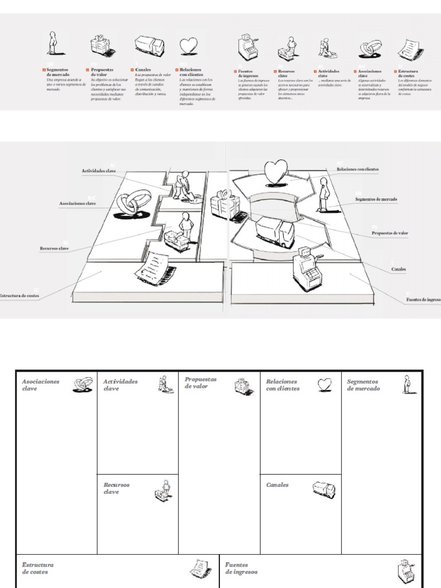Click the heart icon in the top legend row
[x=188, y=45]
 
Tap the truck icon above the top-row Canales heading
[x=149, y=46]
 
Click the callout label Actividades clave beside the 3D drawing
[x=99, y=171]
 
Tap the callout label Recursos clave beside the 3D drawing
[x=55, y=249]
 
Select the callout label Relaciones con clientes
[x=358, y=169]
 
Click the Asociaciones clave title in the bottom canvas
[x=40, y=385]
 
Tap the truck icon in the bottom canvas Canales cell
[x=323, y=489]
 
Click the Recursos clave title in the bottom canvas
[x=117, y=488]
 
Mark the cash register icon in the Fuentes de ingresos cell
[x=405, y=569]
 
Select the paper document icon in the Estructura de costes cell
[x=198, y=568]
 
